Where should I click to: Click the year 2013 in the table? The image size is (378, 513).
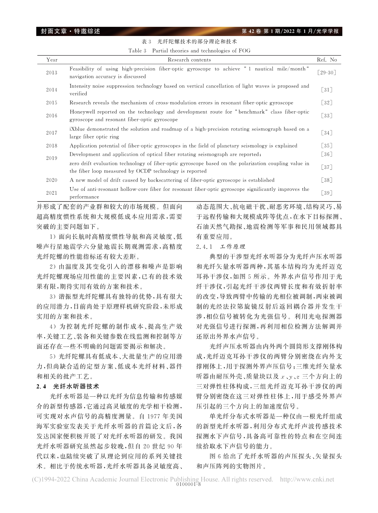click(x=52, y=73)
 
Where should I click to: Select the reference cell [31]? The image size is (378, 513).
click(x=326, y=90)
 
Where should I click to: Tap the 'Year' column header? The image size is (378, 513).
click(x=52, y=60)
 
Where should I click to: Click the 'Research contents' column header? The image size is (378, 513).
click(x=189, y=60)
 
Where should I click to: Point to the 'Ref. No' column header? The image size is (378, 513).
click(x=327, y=60)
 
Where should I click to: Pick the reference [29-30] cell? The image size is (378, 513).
click(x=326, y=73)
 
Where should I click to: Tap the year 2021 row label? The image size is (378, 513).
click(x=52, y=193)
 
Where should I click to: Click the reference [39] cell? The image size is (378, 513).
click(x=326, y=193)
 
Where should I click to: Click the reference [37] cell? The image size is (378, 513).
click(x=326, y=167)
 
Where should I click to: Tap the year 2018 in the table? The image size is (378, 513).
click(x=52, y=146)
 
